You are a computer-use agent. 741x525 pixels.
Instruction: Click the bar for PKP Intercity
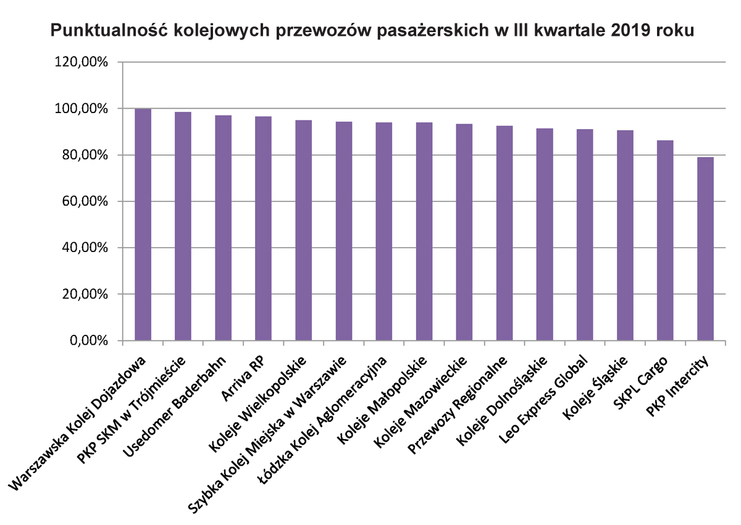705,249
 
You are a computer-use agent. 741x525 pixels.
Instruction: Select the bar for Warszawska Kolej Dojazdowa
143,225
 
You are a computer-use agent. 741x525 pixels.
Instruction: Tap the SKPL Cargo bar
665,240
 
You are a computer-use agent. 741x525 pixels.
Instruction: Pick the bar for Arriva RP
263,229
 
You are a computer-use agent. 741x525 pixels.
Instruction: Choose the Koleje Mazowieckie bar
464,232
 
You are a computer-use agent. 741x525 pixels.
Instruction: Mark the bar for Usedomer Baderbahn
224,228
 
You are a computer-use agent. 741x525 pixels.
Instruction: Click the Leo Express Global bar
585,235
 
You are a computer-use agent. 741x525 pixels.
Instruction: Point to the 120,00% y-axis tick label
81,62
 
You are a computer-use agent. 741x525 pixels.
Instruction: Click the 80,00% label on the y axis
85,155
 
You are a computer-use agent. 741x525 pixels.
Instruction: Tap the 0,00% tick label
89,340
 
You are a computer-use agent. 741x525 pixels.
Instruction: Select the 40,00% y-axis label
85,248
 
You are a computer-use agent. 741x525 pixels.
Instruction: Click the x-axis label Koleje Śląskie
595,388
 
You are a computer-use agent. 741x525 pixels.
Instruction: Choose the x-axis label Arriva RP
242,379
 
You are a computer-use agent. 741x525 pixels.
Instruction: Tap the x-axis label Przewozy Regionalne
457,405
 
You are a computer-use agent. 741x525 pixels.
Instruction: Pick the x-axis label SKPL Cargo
641,383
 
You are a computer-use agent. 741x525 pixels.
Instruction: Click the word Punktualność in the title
110,30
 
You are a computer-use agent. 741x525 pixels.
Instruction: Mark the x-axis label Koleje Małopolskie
382,400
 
